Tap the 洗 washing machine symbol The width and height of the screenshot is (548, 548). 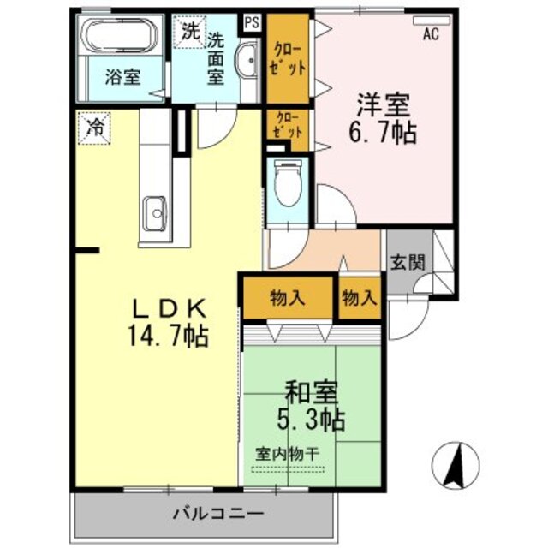[x=188, y=33]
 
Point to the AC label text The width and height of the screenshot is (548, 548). [x=432, y=35]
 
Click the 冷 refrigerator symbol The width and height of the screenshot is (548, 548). [x=95, y=128]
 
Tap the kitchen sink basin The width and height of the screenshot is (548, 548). [x=156, y=208]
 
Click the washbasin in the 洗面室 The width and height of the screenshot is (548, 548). [x=247, y=60]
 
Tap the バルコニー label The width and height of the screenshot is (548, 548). [x=208, y=514]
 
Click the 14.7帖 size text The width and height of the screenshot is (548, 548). [x=169, y=334]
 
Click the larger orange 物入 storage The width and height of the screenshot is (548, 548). [x=288, y=298]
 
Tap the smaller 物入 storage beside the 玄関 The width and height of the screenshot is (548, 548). [x=359, y=298]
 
